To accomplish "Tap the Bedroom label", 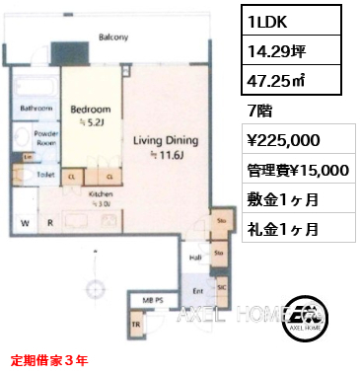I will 91,109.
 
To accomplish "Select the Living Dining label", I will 167,141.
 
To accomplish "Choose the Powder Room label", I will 42,136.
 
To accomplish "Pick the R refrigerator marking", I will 50,223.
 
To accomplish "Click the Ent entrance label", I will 195,291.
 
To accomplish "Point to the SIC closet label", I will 221,286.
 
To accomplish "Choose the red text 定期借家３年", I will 49,361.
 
